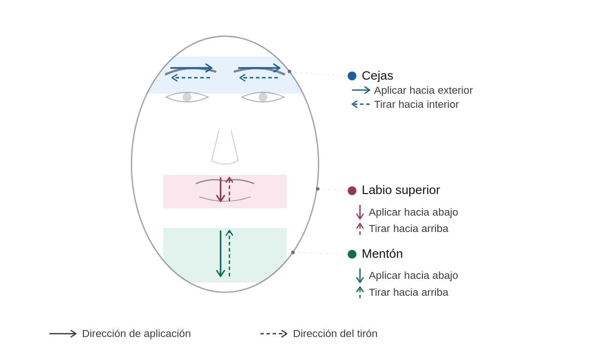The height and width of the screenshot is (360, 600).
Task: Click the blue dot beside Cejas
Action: [352, 76]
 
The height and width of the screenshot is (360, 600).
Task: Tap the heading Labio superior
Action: [400, 190]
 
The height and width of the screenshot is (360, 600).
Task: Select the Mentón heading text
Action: [382, 254]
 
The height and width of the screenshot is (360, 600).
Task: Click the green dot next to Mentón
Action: [352, 254]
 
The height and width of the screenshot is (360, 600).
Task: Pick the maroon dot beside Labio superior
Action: [352, 190]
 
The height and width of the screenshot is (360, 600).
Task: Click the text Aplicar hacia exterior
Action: [423, 90]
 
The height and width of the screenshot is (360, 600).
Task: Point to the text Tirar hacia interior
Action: [416, 105]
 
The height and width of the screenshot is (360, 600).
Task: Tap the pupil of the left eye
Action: [187, 97]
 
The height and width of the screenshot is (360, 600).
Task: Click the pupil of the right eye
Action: [263, 97]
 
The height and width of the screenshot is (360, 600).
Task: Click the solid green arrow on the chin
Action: [220, 253]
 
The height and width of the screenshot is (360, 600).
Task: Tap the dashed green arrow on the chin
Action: [229, 253]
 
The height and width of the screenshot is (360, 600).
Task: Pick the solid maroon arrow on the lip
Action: [220, 189]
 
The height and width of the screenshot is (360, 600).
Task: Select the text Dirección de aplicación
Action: [136, 334]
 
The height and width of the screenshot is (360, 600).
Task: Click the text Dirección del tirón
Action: [335, 334]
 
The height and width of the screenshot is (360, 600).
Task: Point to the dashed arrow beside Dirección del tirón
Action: [274, 334]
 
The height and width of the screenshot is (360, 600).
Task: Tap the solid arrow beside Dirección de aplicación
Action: [63, 334]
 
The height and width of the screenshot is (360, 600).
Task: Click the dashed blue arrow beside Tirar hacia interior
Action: [360, 105]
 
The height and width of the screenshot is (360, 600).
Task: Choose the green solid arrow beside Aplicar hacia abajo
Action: [360, 276]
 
